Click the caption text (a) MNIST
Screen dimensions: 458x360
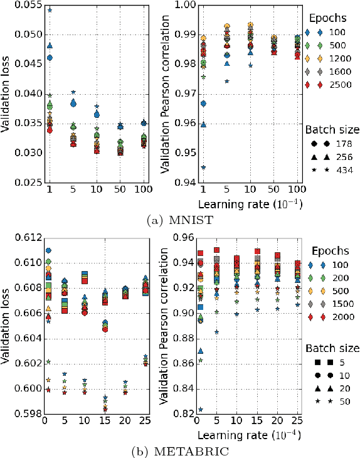point(181,219)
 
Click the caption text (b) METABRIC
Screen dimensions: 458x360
point(181,450)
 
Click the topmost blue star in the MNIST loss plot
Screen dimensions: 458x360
point(50,10)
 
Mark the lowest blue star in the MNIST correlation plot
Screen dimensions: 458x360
point(203,168)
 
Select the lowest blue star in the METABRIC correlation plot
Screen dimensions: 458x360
point(201,409)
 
